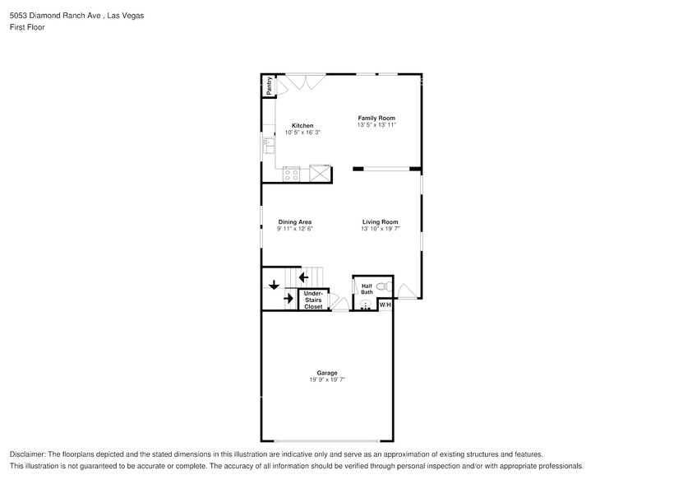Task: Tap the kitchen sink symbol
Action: pyautogui.click(x=268, y=145)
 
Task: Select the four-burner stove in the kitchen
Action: pyautogui.click(x=291, y=174)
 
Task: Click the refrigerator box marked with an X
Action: pyautogui.click(x=320, y=174)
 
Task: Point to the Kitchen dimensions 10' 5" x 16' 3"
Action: pyautogui.click(x=302, y=133)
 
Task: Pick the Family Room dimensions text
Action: pyautogui.click(x=376, y=125)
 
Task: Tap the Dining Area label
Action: pyautogui.click(x=294, y=222)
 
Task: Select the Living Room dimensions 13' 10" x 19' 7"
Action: pyautogui.click(x=380, y=229)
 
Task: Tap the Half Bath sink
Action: pyautogui.click(x=365, y=305)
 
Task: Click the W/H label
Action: pyautogui.click(x=385, y=305)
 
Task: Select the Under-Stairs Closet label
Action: pyautogui.click(x=313, y=300)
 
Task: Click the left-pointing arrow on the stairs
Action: pyautogui.click(x=303, y=277)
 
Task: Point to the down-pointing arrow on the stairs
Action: pyautogui.click(x=273, y=286)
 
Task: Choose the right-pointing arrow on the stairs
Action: pyautogui.click(x=288, y=298)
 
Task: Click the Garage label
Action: pyautogui.click(x=327, y=373)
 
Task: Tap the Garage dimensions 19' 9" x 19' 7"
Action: pyautogui.click(x=327, y=379)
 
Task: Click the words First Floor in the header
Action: pyautogui.click(x=28, y=27)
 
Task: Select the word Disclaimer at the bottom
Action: pyautogui.click(x=29, y=454)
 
